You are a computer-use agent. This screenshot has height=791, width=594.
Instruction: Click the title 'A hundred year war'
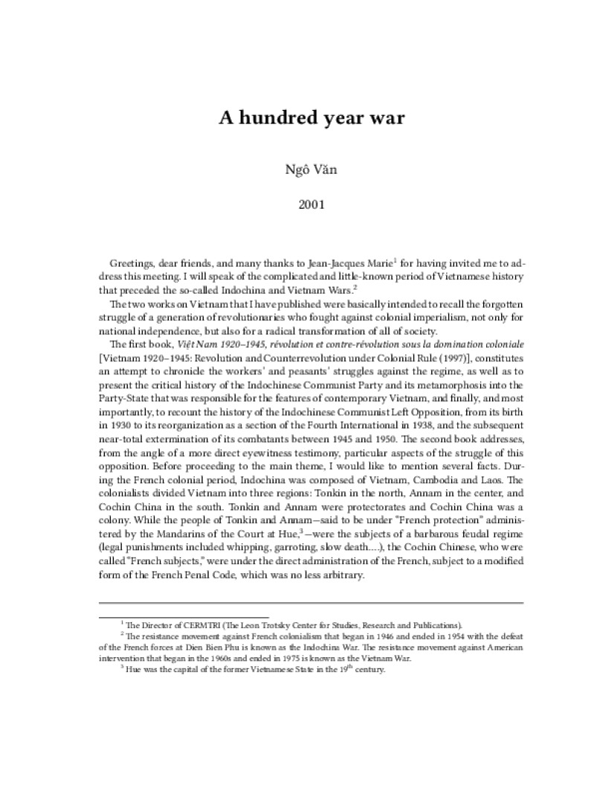point(311,118)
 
